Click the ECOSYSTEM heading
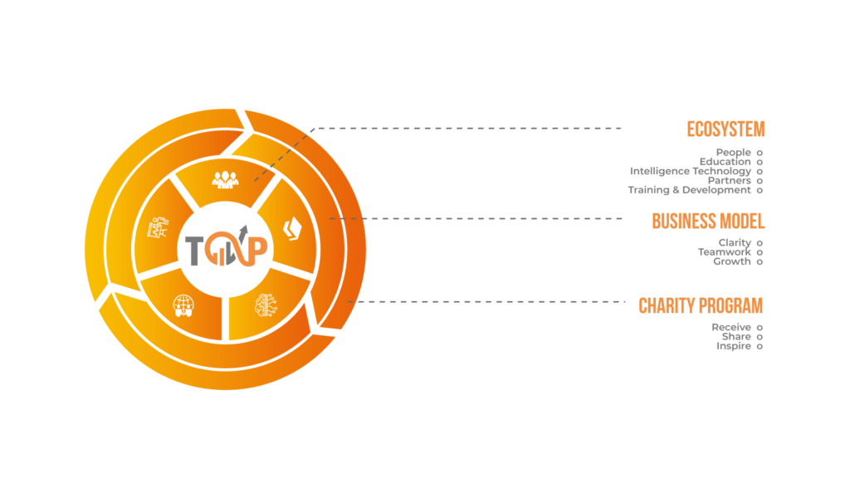click(725, 129)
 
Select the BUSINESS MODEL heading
click(708, 221)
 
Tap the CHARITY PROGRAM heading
click(701, 305)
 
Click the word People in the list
click(734, 152)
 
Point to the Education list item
click(725, 161)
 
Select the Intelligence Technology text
click(691, 171)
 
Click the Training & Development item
click(690, 190)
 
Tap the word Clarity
click(735, 242)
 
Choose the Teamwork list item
click(725, 251)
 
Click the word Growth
click(732, 261)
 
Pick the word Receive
click(731, 327)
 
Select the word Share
click(736, 336)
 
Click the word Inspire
click(734, 346)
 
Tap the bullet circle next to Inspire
click(760, 346)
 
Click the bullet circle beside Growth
click(760, 261)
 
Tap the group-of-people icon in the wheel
click(224, 179)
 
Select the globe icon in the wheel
click(183, 305)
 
